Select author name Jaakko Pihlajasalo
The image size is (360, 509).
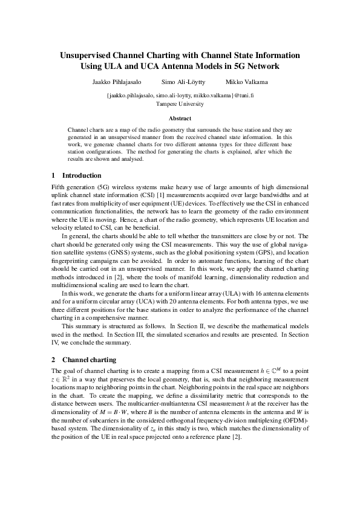point(113,82)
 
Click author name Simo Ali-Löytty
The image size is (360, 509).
point(183,82)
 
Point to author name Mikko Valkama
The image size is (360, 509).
point(247,82)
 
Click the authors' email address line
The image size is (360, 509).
point(180,96)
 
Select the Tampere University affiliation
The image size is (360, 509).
point(180,104)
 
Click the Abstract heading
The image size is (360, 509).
point(180,118)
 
